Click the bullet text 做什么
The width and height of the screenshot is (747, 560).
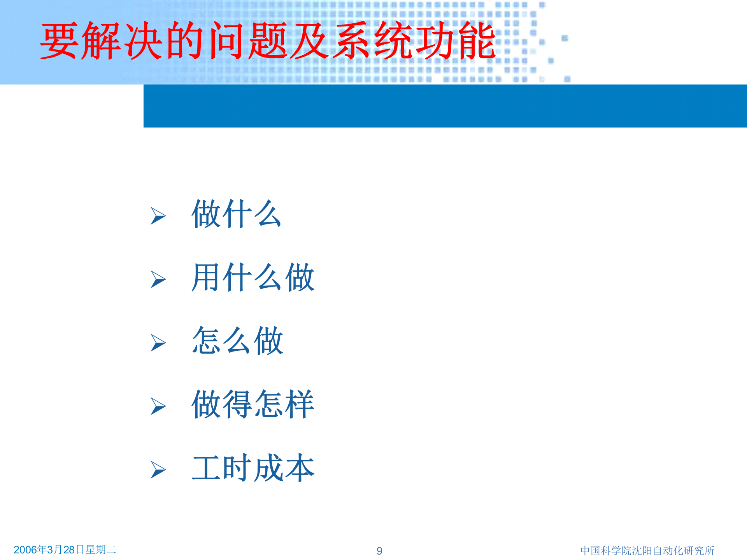236,214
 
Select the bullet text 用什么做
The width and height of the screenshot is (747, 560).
253,277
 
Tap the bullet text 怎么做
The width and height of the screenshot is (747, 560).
237,341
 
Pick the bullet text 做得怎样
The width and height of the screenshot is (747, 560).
253,404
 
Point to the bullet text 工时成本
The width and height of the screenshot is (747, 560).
253,468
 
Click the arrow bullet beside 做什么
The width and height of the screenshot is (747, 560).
158,216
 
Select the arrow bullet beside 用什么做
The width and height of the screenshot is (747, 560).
158,279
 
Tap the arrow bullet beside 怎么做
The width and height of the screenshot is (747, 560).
158,343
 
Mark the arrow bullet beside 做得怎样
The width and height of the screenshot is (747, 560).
158,406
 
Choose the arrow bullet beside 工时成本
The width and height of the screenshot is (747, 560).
158,470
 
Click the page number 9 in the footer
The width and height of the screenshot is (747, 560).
379,551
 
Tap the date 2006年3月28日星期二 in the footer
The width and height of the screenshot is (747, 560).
65,549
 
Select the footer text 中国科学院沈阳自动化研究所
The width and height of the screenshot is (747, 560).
647,551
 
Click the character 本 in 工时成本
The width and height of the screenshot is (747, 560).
300,468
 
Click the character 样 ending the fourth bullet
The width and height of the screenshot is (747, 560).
300,404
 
